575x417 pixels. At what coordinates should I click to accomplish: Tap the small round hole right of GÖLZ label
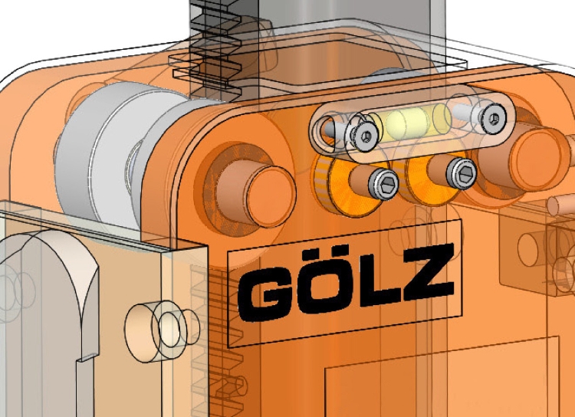[x=528, y=245]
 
